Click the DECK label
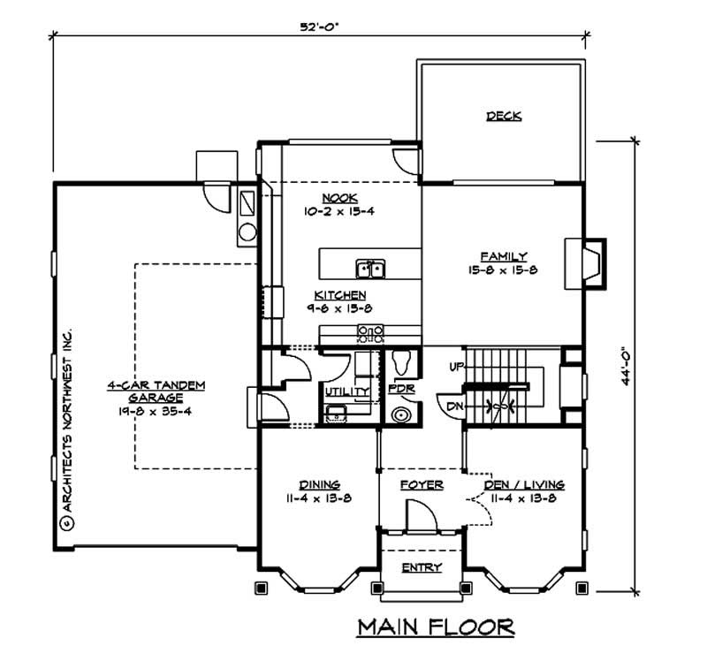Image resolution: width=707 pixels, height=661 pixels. point(503,116)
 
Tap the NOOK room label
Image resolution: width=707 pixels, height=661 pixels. point(333,198)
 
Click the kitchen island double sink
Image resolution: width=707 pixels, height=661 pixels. point(369,268)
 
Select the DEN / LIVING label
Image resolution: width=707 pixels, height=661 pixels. point(524,485)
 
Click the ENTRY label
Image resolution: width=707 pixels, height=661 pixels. point(421,567)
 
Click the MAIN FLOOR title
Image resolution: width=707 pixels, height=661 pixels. point(436,627)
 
